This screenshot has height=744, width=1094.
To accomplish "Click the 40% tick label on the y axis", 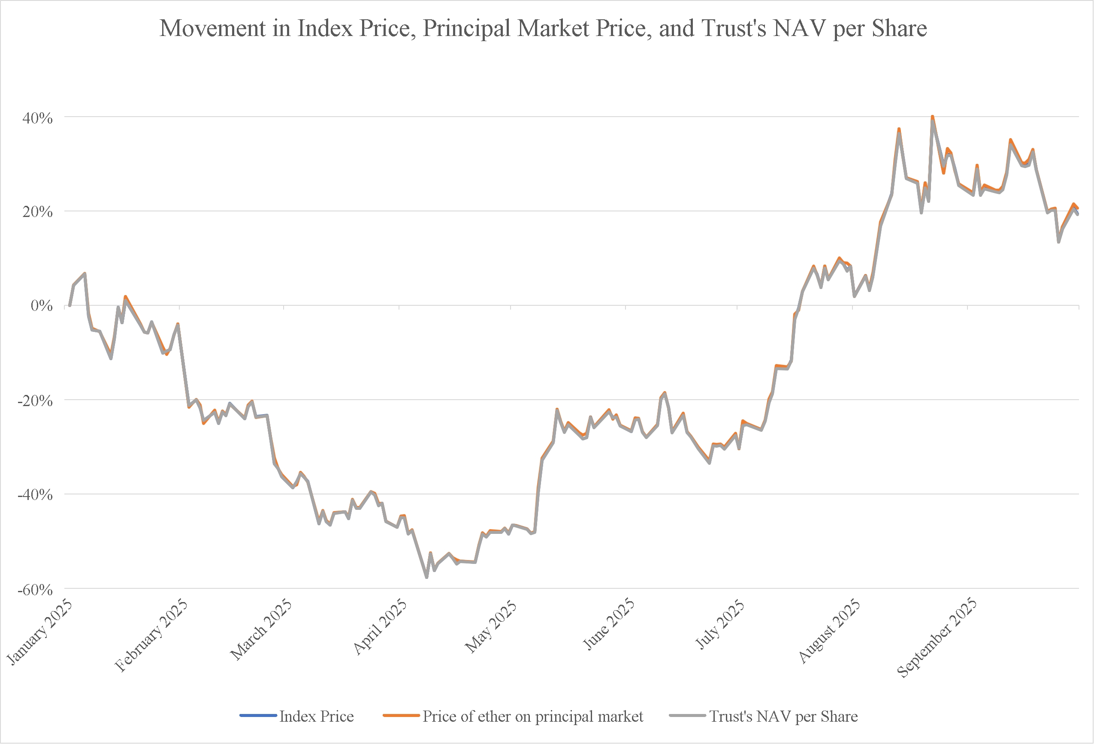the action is [38, 118].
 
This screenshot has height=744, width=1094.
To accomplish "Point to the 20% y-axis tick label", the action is [38, 212].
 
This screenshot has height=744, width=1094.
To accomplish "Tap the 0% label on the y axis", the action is [42, 306].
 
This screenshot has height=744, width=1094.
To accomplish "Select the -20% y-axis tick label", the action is [35, 401].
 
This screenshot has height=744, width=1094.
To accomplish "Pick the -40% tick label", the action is [35, 494].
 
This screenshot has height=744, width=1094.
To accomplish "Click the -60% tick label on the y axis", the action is [35, 589].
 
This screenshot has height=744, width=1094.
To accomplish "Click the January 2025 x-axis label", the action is [40, 632].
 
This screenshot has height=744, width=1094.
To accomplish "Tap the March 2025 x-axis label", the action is [261, 630].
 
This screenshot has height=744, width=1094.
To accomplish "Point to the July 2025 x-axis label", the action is [720, 625].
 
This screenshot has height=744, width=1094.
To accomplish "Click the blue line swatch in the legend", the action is [258, 716].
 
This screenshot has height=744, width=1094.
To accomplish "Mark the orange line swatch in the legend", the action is [401, 716].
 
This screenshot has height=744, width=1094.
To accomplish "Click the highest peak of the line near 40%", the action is [932, 116].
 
